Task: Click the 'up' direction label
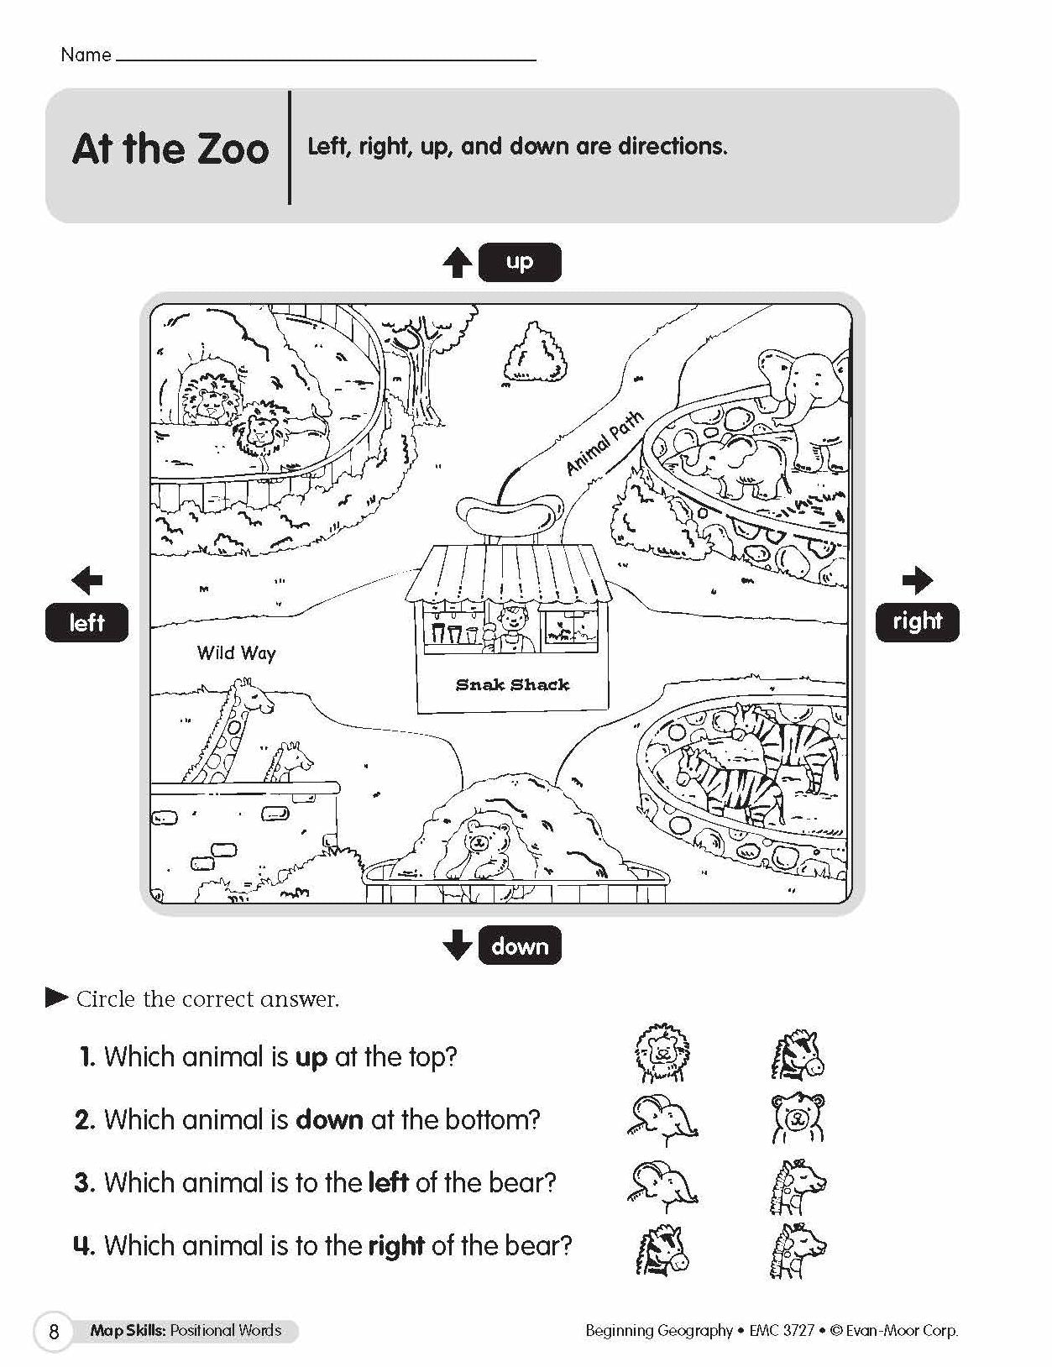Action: tap(519, 262)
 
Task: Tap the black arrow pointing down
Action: tap(458, 945)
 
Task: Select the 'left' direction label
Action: tap(86, 622)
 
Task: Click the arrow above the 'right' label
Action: tap(918, 579)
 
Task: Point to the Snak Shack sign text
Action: tap(512, 685)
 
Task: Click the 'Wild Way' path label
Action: tap(236, 652)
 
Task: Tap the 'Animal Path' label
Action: tap(605, 443)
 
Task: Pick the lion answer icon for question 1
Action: tap(662, 1054)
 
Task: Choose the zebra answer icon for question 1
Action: tap(798, 1055)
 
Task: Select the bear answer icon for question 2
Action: tap(798, 1118)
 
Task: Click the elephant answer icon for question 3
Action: tap(663, 1183)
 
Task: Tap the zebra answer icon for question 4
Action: tap(662, 1249)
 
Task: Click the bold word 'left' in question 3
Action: tap(388, 1182)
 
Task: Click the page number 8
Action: tap(55, 1332)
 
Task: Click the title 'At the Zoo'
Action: tap(170, 149)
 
